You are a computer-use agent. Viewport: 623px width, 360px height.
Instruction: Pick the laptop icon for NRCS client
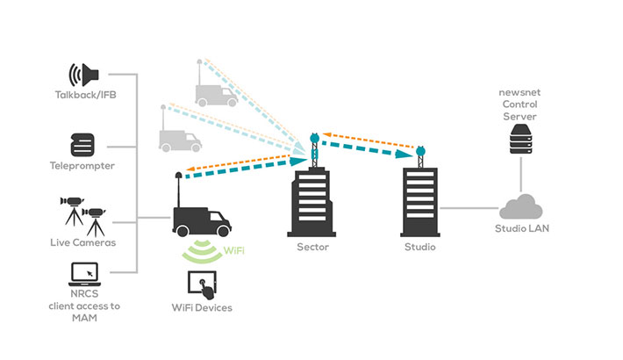[x=84, y=274]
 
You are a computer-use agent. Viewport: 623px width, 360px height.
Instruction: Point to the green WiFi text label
[x=233, y=252]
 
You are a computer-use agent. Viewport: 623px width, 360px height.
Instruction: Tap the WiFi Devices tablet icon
[x=202, y=282]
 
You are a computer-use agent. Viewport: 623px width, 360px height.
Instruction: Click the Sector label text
[x=312, y=249]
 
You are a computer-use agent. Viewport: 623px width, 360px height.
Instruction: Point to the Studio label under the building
[x=419, y=249]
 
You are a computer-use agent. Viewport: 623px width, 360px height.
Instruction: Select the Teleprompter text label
[x=82, y=165]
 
